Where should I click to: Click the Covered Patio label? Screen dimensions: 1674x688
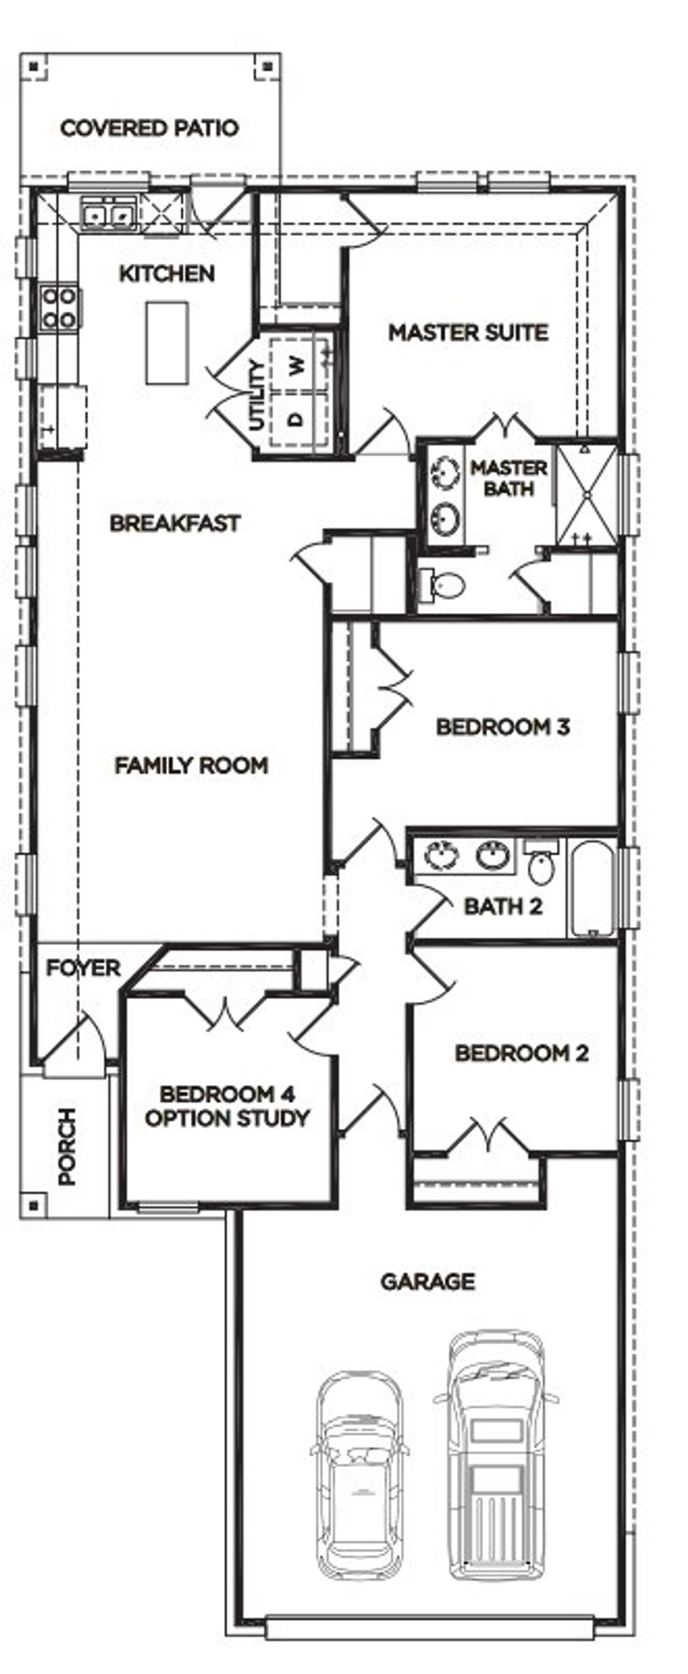click(149, 128)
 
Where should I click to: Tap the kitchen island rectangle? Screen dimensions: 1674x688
click(167, 343)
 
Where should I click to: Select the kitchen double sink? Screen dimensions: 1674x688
click(107, 214)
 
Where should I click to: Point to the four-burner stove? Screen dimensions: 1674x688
click(59, 308)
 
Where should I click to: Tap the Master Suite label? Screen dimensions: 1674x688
click(468, 333)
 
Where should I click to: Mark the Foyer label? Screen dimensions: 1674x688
click(83, 968)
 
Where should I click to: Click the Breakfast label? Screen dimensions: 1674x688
click(175, 523)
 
